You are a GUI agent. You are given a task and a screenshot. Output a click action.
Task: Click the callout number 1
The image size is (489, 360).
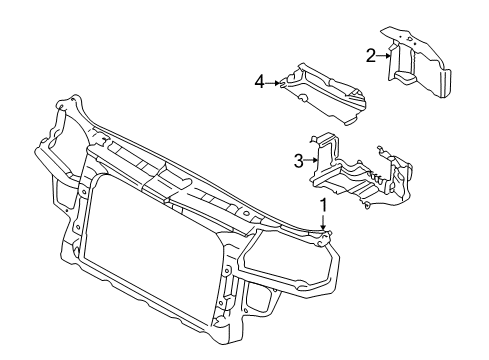pyautogui.click(x=323, y=205)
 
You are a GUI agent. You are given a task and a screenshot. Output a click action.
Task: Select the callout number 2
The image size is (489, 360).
pyautogui.click(x=371, y=56)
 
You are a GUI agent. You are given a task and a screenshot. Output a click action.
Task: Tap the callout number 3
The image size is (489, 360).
pyautogui.click(x=298, y=161)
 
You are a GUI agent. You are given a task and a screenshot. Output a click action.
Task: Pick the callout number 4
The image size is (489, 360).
pyautogui.click(x=260, y=82)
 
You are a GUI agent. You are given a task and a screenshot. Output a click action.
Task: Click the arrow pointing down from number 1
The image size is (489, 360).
pyautogui.click(x=323, y=221)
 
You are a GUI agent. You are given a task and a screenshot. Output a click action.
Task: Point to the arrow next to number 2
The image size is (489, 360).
pyautogui.click(x=383, y=56)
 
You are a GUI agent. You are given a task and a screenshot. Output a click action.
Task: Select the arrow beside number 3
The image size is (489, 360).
pyautogui.click(x=311, y=160)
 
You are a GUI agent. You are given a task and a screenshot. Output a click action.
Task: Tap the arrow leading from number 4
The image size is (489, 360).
pyautogui.click(x=273, y=83)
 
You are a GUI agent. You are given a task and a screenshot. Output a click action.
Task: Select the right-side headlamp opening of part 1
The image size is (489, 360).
pyautogui.click(x=287, y=257)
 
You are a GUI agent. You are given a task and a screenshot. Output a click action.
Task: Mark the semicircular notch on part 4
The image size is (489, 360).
pyautogui.click(x=303, y=97)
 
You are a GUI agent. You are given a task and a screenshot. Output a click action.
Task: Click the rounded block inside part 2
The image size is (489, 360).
pyautogui.click(x=406, y=76)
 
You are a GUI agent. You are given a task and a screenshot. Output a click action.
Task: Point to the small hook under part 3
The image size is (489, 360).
pyautogui.click(x=367, y=205)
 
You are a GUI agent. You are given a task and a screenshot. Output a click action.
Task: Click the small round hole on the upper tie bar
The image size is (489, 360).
pyautogui.click(x=246, y=213)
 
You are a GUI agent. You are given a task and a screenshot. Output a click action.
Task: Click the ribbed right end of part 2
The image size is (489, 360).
pyautogui.click(x=444, y=83)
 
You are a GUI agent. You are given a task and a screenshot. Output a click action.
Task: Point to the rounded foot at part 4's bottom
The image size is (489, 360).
pyautogui.click(x=351, y=122)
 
